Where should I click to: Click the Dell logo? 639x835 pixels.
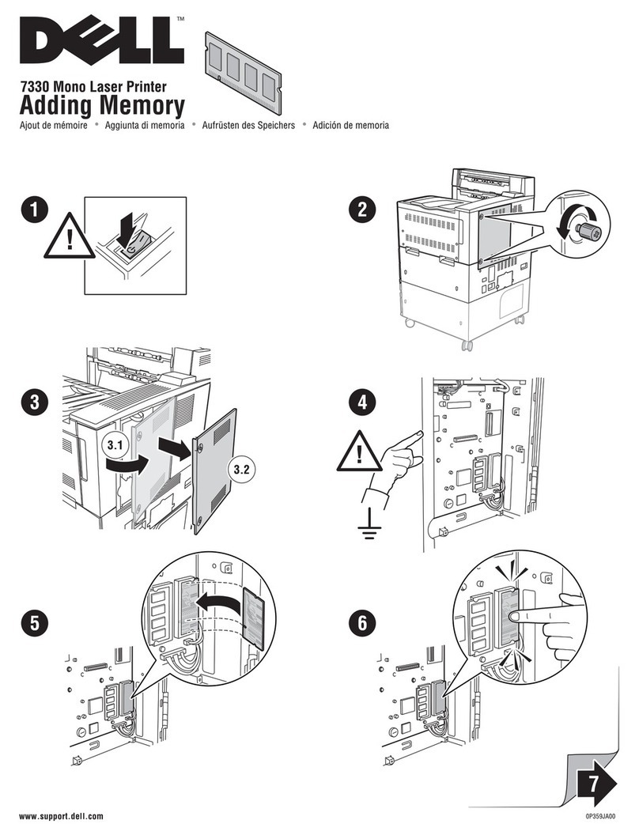tap(102, 40)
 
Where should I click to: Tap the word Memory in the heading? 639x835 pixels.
tap(142, 105)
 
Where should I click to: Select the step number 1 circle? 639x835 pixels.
tap(34, 209)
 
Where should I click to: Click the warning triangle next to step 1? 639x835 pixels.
tap(70, 236)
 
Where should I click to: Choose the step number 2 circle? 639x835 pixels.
tap(362, 209)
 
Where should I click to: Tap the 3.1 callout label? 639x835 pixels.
tap(115, 444)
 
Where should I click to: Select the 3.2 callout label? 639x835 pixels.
tap(241, 469)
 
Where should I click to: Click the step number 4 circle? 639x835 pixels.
tap(362, 402)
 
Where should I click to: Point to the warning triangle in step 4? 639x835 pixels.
tap(361, 452)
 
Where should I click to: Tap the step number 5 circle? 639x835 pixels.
tap(34, 622)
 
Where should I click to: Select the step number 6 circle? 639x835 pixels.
tap(362, 622)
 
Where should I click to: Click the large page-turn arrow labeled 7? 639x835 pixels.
tap(596, 784)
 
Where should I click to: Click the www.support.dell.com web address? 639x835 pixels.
tap(61, 816)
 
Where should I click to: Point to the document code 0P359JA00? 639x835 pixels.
tap(600, 816)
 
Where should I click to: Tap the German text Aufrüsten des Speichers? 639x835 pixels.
tap(248, 125)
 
